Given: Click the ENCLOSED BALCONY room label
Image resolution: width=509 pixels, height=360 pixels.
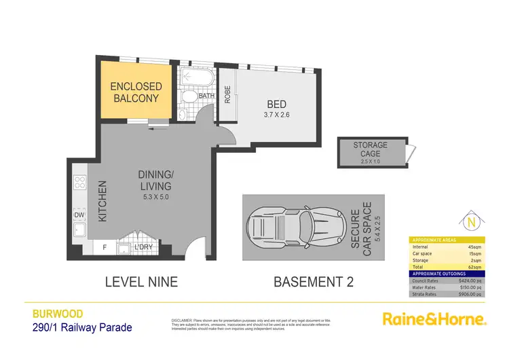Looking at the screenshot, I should [x=136, y=92].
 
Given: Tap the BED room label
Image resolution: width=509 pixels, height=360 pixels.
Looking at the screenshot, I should [x=276, y=104].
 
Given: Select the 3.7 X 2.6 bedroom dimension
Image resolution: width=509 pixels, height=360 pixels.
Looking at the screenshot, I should [x=276, y=115].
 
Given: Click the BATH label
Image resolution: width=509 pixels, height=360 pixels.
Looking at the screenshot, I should [x=206, y=96].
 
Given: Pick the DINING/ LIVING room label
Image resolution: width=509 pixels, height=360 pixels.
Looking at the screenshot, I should [x=157, y=181].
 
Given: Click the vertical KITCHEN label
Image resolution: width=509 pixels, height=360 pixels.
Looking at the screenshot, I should [x=104, y=201].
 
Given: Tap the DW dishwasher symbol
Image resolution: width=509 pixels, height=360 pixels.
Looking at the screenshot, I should [x=79, y=216].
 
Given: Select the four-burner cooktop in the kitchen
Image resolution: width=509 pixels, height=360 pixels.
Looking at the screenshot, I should [x=79, y=182].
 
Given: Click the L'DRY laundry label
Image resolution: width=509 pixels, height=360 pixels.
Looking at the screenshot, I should [x=143, y=247].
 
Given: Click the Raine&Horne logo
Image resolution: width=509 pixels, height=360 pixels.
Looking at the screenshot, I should [x=434, y=318].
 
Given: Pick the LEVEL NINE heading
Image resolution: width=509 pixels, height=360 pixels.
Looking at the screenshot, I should [x=141, y=281].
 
